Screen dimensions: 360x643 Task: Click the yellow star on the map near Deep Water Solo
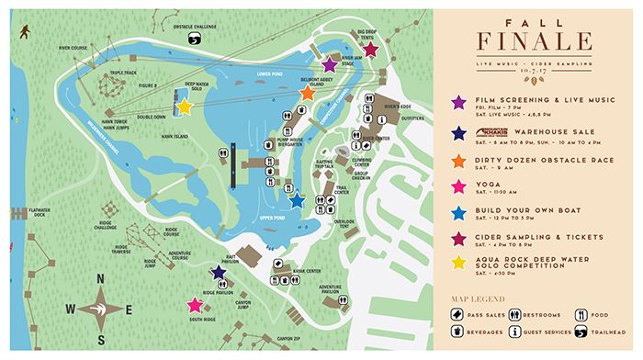click(184, 107)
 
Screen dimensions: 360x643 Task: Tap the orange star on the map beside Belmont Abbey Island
click(308, 93)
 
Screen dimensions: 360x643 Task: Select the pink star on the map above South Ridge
click(194, 305)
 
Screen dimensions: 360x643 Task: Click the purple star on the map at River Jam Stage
click(330, 64)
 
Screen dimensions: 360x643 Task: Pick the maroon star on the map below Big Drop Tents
click(370, 50)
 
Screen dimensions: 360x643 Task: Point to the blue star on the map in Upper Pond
click(297, 199)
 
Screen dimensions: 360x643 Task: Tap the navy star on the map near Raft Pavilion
click(219, 273)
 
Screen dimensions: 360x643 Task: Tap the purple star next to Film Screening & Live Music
click(459, 103)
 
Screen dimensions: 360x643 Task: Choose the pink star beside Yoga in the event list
click(459, 185)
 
